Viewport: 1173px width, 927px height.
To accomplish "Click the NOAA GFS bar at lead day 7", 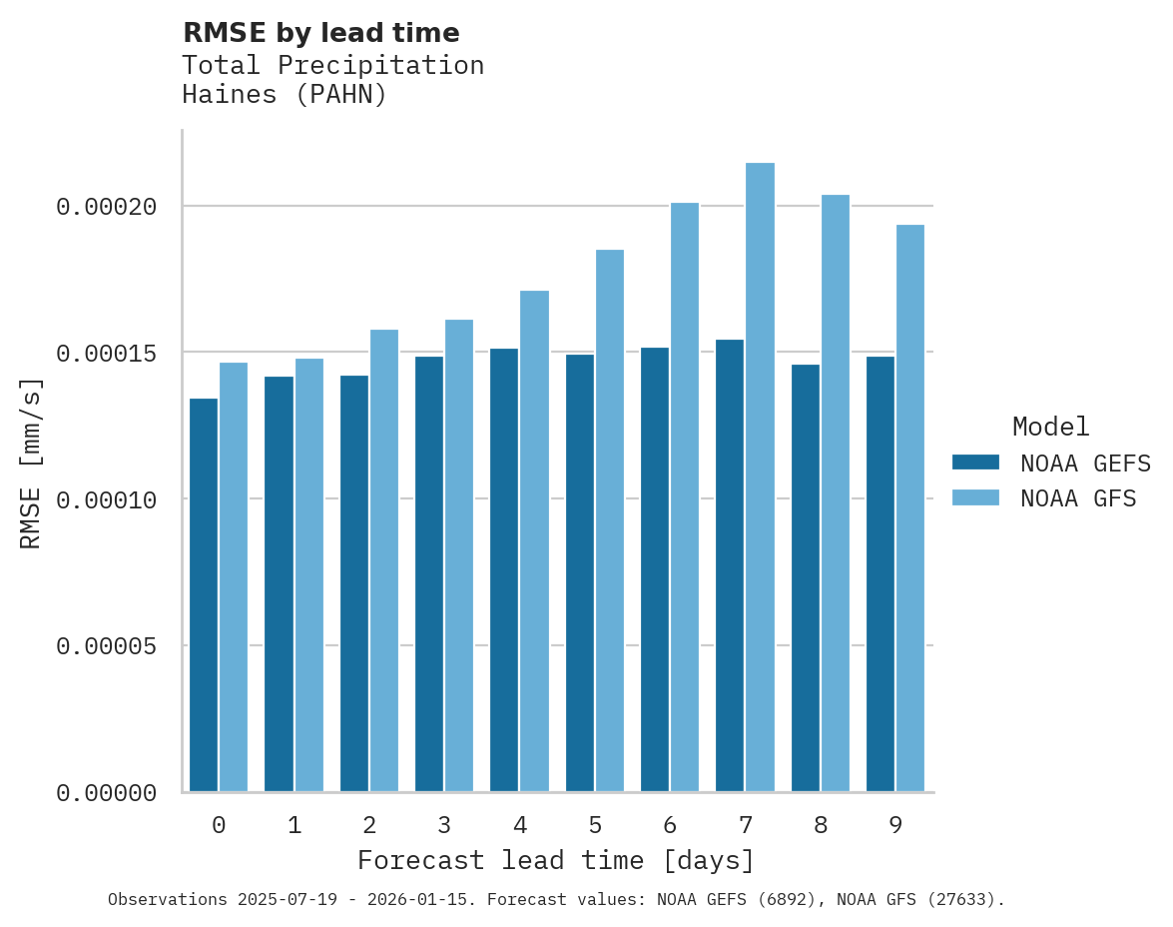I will coord(760,477).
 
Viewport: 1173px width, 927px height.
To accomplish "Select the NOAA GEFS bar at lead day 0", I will coord(204,595).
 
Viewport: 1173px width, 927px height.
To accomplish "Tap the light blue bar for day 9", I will coord(910,508).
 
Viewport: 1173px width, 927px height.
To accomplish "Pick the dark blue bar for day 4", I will coord(504,570).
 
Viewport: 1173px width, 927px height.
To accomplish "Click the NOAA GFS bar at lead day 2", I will coord(384,560).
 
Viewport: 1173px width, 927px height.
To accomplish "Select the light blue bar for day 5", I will coord(610,520).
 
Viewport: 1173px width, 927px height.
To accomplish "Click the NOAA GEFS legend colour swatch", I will coord(975,463).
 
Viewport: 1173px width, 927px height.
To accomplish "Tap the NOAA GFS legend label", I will coord(1078,497).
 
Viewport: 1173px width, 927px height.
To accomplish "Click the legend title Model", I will coord(1050,427).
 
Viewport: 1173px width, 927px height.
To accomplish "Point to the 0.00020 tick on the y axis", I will coord(107,207).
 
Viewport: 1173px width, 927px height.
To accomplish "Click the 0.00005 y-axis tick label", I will coord(107,646).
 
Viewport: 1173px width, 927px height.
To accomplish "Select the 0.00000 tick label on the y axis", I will coord(107,793).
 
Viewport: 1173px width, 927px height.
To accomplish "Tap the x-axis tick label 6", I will coord(670,825).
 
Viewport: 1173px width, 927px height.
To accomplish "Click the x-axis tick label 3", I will coord(444,825).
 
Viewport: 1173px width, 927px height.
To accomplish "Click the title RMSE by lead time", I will coord(321,33).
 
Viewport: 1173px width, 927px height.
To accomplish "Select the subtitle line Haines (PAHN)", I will coord(285,96).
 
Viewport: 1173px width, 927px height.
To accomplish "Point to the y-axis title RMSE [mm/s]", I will coord(31,463).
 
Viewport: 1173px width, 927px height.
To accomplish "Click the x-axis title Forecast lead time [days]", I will coord(556,860).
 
